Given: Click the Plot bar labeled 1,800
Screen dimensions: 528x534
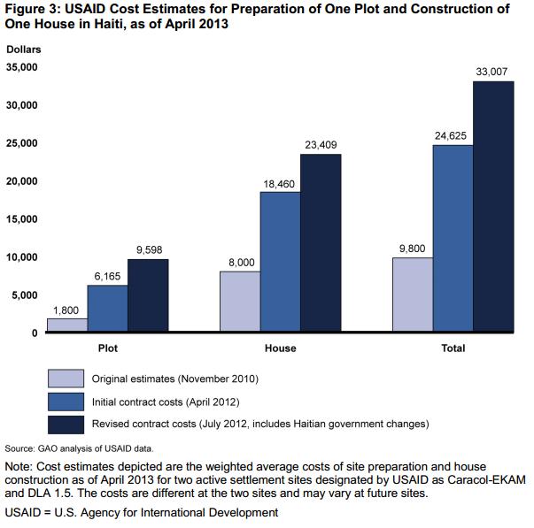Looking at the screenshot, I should coord(66,325).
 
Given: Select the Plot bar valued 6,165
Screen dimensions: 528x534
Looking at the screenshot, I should coord(107,309).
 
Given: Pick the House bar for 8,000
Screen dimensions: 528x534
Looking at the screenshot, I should coord(239,302).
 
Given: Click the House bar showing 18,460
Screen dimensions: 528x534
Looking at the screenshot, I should coord(280,262).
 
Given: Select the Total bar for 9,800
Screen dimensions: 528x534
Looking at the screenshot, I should coord(413,295).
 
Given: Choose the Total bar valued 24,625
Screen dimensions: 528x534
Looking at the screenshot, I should coord(453,239).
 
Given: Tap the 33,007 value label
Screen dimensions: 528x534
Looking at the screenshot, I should coord(493,72).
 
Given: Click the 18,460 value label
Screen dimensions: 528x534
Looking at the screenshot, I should coord(280,182).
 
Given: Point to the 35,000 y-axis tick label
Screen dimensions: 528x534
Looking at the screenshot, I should coord(21,67).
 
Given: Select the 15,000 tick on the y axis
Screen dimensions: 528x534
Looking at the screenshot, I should coord(21,219).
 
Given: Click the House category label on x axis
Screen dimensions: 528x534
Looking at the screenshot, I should coord(280,348).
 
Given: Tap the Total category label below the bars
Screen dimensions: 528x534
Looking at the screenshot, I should coord(453,348).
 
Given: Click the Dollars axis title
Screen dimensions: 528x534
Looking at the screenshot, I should coord(23,49).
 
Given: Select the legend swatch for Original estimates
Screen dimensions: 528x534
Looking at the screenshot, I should coord(65,379).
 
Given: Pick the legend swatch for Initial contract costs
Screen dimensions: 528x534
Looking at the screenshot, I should coord(65,402).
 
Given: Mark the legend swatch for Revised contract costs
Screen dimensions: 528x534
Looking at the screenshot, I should coord(65,425).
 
